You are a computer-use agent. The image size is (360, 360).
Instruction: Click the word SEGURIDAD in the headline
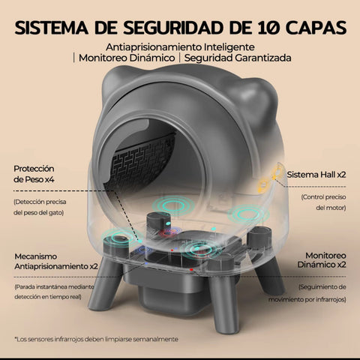point(172,28)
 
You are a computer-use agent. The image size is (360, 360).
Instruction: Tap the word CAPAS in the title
point(316,28)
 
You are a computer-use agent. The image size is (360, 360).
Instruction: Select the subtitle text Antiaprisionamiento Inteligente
point(180,47)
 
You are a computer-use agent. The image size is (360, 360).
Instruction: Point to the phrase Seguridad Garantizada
point(238,58)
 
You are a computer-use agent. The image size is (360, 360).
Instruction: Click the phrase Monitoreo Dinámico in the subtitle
point(127,58)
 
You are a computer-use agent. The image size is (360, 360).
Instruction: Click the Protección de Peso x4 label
point(34,174)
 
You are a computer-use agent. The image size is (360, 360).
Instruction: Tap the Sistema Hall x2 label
point(316,175)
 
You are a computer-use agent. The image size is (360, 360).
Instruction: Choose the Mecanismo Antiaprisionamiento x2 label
point(56,261)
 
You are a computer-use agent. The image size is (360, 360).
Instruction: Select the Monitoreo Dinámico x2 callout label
point(322,260)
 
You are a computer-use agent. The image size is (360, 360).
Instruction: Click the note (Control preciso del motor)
point(323,202)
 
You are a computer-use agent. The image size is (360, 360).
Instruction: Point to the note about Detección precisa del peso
point(40,207)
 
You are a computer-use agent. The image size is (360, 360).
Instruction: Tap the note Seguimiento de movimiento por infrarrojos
point(307,293)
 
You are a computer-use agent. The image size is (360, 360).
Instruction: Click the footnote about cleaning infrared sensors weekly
point(96,339)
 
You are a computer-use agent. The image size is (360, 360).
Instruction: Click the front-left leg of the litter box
point(105,285)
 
